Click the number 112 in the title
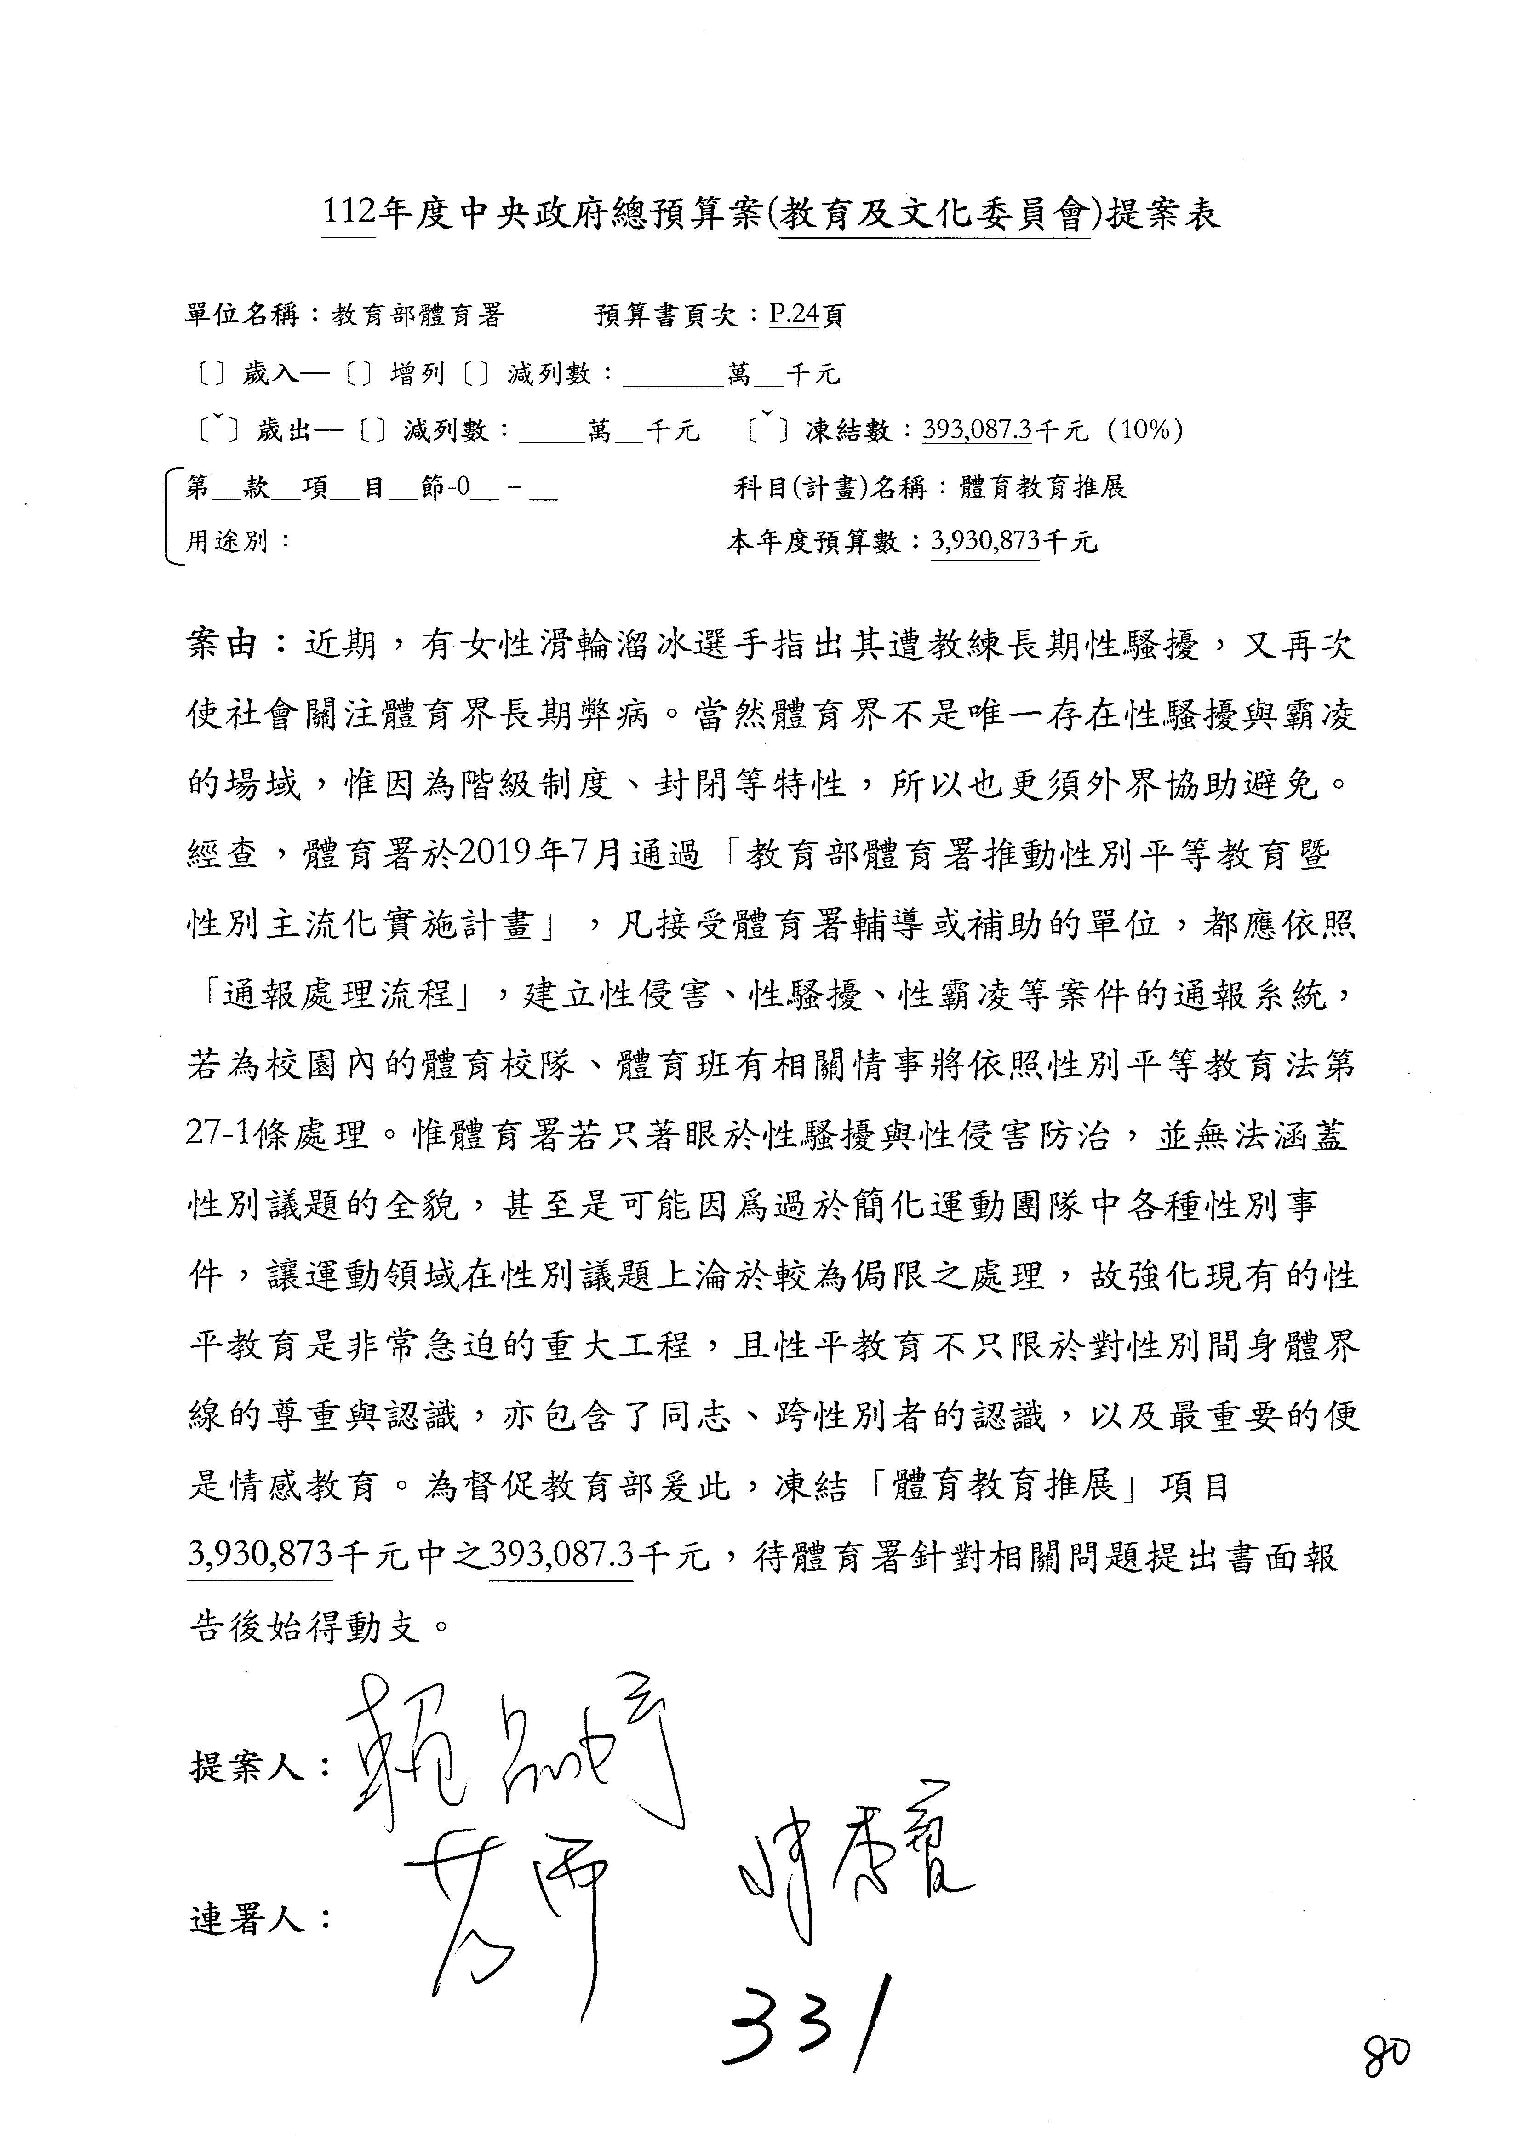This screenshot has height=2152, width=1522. pyautogui.click(x=349, y=215)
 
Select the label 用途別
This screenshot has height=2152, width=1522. pyautogui.click(x=227, y=542)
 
